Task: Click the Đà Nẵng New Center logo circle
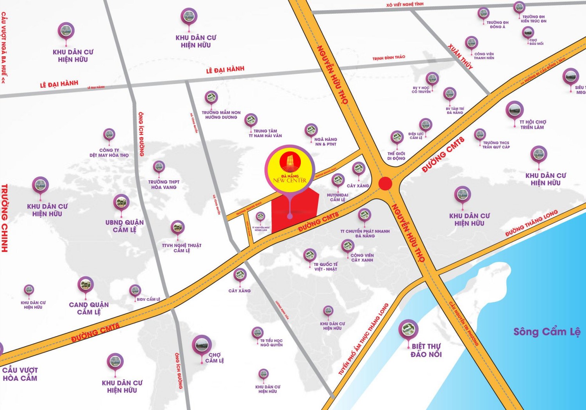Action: [289, 168]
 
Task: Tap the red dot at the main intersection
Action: [385, 183]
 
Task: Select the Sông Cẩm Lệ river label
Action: [547, 332]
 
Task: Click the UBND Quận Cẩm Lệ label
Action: [125, 226]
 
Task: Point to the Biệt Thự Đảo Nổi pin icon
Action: [408, 329]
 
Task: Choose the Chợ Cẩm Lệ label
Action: [214, 358]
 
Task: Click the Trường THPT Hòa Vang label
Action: [164, 185]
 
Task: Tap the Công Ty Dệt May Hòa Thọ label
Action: [109, 153]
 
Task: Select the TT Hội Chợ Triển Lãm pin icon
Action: [514, 110]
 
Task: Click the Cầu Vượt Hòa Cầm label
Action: [20, 374]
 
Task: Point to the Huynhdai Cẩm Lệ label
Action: [338, 197]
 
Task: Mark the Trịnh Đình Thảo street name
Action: [389, 58]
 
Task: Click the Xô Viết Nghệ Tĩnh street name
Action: [405, 4]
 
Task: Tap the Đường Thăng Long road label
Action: [531, 223]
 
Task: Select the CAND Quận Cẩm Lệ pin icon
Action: [86, 285]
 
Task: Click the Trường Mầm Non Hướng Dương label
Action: [221, 115]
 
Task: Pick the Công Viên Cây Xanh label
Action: [362, 258]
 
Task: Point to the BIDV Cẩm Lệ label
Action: [148, 299]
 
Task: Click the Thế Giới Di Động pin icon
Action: [397, 137]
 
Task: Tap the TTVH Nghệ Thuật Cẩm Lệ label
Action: [182, 248]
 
